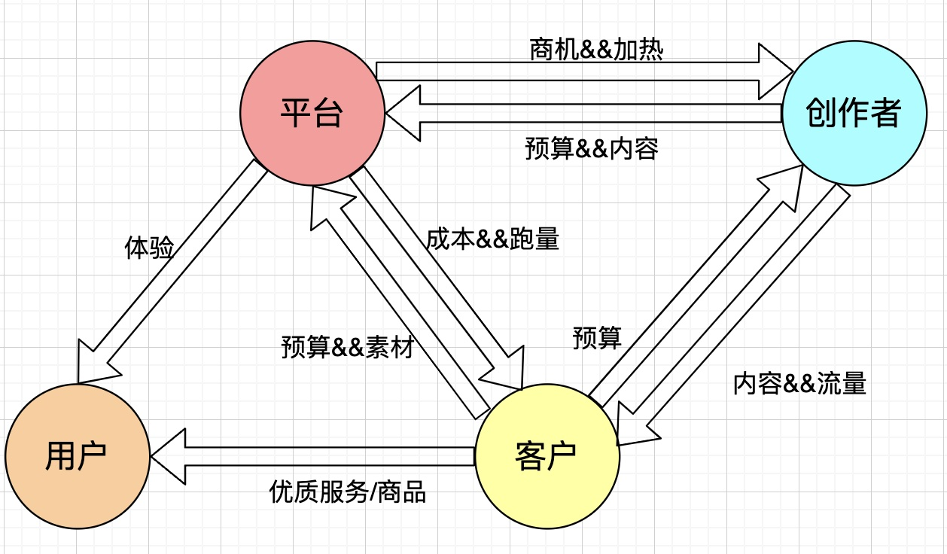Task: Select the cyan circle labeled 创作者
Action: pyautogui.click(x=853, y=114)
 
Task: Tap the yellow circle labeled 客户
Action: pyautogui.click(x=547, y=455)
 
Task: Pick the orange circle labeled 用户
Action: pyautogui.click(x=76, y=455)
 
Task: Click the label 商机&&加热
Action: pyautogui.click(x=596, y=49)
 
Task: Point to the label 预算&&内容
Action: pyautogui.click(x=592, y=148)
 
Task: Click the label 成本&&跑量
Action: pyautogui.click(x=492, y=239)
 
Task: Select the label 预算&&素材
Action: pyautogui.click(x=347, y=348)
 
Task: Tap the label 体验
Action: pyautogui.click(x=149, y=248)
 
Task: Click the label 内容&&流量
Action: pyautogui.click(x=799, y=383)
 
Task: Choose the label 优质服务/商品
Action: pyautogui.click(x=348, y=492)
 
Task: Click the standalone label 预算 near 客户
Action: pyautogui.click(x=597, y=338)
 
